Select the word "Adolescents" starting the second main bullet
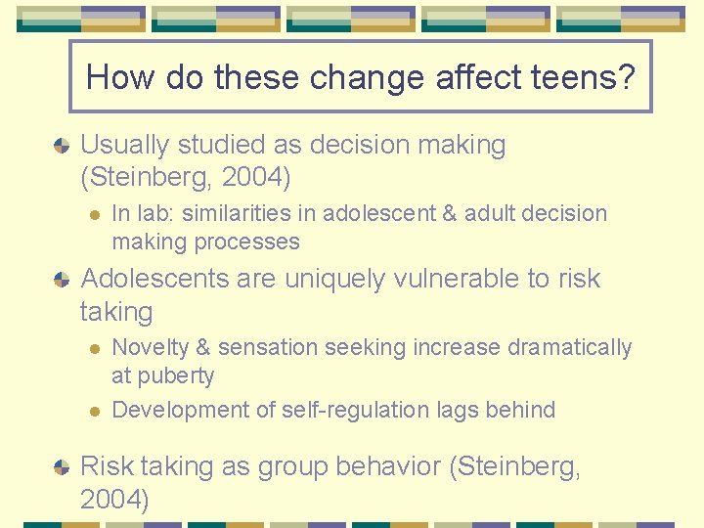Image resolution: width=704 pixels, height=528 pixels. [157, 279]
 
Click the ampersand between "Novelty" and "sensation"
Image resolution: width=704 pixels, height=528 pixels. [204, 347]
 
